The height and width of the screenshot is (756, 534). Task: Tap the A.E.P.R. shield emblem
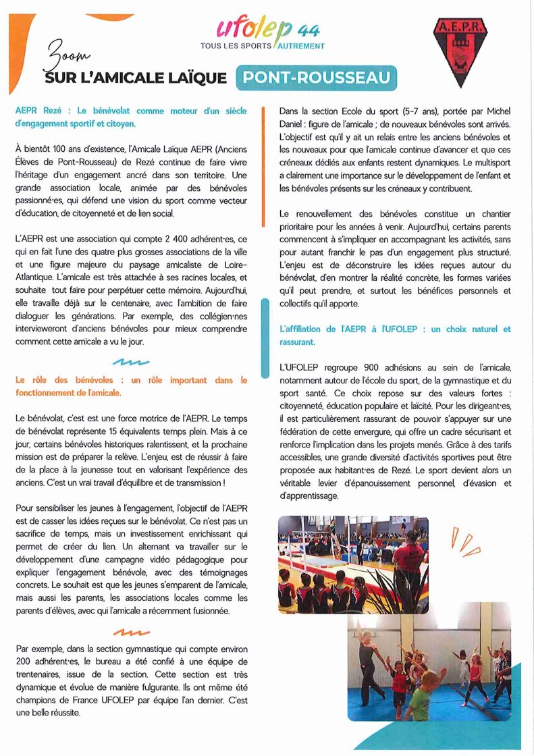click(x=460, y=50)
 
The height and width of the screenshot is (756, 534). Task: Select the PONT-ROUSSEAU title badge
click(x=317, y=78)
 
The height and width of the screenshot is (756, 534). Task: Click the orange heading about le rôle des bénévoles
click(x=131, y=386)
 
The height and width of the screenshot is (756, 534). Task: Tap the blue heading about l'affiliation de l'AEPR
click(x=395, y=335)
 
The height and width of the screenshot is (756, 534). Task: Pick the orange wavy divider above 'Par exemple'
click(x=131, y=632)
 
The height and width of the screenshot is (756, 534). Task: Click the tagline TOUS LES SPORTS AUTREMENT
click(x=262, y=47)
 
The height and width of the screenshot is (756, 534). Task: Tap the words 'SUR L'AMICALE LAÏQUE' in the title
click(x=135, y=78)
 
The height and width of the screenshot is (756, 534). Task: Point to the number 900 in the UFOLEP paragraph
click(x=371, y=367)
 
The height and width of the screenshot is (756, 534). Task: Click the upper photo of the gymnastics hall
click(x=353, y=565)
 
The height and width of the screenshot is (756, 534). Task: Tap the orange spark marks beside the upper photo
click(x=465, y=543)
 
